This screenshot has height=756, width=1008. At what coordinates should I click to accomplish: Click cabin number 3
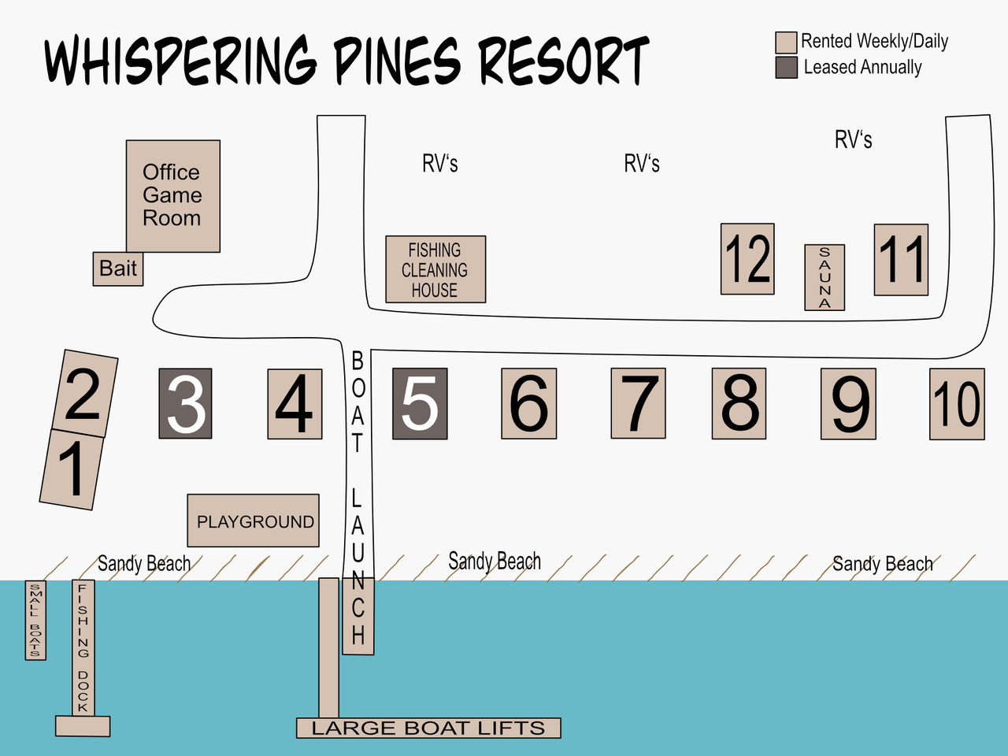pyautogui.click(x=186, y=403)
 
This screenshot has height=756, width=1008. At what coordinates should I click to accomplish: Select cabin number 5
pyautogui.click(x=420, y=403)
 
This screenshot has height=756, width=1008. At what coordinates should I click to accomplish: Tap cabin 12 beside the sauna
pyautogui.click(x=747, y=259)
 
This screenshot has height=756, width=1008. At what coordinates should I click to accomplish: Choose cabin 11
pyautogui.click(x=901, y=260)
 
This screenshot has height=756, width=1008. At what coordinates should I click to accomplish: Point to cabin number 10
pyautogui.click(x=957, y=404)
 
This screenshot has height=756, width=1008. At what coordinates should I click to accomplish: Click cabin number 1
pyautogui.click(x=72, y=469)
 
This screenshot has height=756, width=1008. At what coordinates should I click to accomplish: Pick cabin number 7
pyautogui.click(x=639, y=403)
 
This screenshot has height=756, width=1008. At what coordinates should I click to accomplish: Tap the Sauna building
pyautogui.click(x=825, y=277)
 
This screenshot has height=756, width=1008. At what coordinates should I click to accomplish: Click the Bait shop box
pyautogui.click(x=118, y=269)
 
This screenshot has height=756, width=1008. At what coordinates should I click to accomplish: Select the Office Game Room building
pyautogui.click(x=173, y=196)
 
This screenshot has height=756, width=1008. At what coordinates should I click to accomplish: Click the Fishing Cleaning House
pyautogui.click(x=435, y=269)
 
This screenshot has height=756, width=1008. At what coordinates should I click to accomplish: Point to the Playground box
pyautogui.click(x=253, y=521)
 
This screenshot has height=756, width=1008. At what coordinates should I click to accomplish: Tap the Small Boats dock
pyautogui.click(x=35, y=620)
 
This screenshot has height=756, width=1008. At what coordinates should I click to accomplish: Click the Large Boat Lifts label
pyautogui.click(x=428, y=728)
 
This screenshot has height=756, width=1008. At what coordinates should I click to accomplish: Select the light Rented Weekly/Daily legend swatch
pyautogui.click(x=786, y=43)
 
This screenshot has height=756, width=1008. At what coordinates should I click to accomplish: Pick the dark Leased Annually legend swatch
pyautogui.click(x=786, y=68)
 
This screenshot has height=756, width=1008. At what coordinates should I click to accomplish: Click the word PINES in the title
pyautogui.click(x=396, y=61)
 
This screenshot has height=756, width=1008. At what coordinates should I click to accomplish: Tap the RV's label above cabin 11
pyautogui.click(x=853, y=139)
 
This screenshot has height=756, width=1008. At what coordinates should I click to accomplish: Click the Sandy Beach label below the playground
pyautogui.click(x=144, y=564)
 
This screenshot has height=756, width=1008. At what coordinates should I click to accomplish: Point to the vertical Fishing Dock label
pyautogui.click(x=83, y=647)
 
